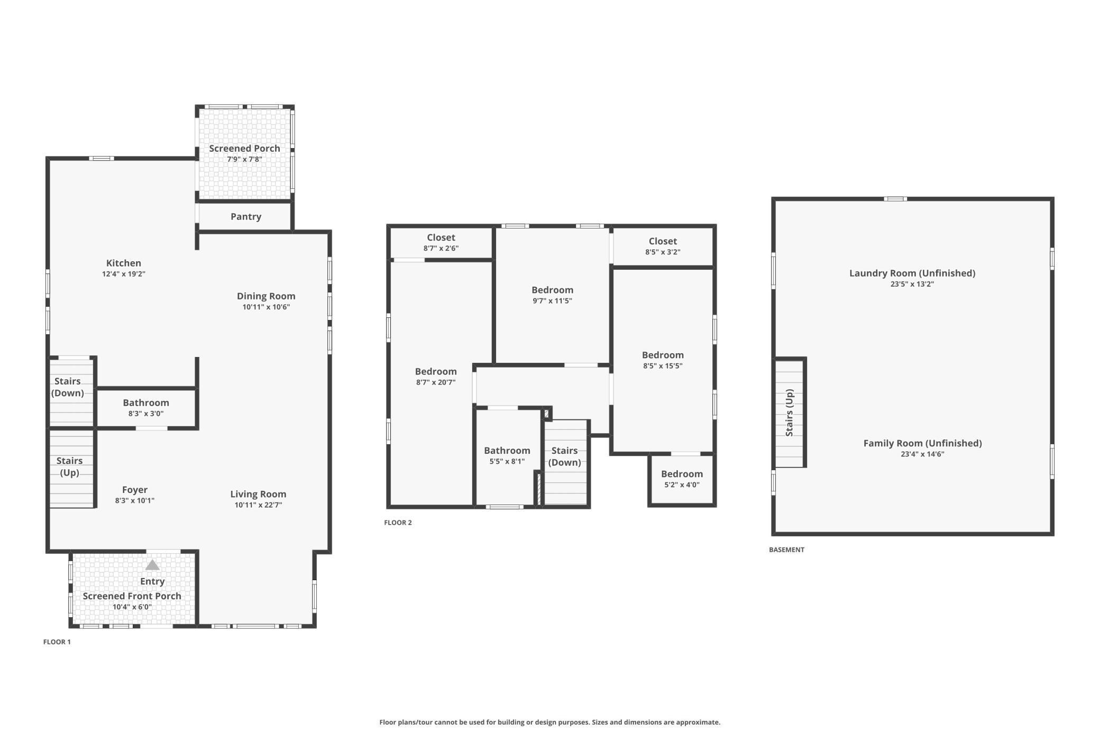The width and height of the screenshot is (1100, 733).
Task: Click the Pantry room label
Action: pyautogui.click(x=246, y=217)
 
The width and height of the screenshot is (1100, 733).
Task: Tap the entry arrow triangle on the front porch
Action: pyautogui.click(x=152, y=565)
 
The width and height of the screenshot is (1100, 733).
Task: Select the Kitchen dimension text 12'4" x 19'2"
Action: pyautogui.click(x=124, y=274)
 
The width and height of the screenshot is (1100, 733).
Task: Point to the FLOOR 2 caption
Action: pyautogui.click(x=398, y=523)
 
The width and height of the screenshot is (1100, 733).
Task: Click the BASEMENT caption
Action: pyautogui.click(x=786, y=549)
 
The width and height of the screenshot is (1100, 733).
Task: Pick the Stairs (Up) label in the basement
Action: pyautogui.click(x=790, y=413)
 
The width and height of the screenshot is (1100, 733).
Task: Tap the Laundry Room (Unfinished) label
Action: pyautogui.click(x=912, y=273)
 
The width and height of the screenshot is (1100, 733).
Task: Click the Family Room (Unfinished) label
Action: pyautogui.click(x=922, y=443)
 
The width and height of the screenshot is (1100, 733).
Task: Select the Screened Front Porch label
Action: pyautogui.click(x=132, y=596)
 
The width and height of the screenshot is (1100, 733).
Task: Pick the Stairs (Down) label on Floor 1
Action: pyautogui.click(x=68, y=387)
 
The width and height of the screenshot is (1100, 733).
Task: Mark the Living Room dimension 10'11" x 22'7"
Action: pyautogui.click(x=258, y=505)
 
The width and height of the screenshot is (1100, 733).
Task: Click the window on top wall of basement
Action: pyautogui.click(x=895, y=199)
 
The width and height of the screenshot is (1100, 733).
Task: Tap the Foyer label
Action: pyautogui.click(x=135, y=490)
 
